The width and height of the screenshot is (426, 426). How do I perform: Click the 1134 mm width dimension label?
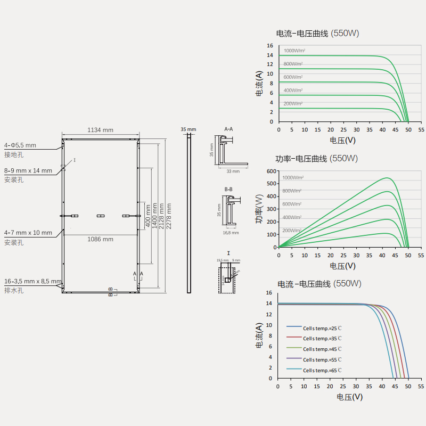coord(101,130)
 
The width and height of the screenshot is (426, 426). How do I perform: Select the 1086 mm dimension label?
coord(101,239)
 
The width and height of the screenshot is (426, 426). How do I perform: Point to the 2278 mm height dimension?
coord(169,216)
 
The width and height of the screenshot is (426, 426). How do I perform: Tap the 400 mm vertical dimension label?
coord(148,216)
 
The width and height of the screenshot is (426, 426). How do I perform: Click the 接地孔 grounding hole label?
coord(14,154)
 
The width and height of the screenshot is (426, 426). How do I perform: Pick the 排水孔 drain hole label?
coord(14,290)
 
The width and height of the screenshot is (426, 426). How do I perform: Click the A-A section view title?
coord(228,129)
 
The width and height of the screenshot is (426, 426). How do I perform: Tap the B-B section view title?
coord(228,189)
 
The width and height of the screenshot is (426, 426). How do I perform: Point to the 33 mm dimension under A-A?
coord(233,171)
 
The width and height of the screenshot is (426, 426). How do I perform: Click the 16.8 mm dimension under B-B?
coord(230,232)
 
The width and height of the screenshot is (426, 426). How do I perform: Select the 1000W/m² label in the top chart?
coord(294,51)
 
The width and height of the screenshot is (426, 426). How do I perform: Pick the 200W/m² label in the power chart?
coord(292,231)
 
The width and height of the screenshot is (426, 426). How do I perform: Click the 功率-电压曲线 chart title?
coord(301,159)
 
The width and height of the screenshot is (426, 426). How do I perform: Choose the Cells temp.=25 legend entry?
coord(322,327)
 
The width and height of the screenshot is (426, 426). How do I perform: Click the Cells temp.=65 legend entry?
coord(322,370)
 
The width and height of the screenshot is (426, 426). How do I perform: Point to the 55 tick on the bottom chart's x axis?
coord(421,386)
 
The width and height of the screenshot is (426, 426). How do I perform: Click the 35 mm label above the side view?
coord(189,129)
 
